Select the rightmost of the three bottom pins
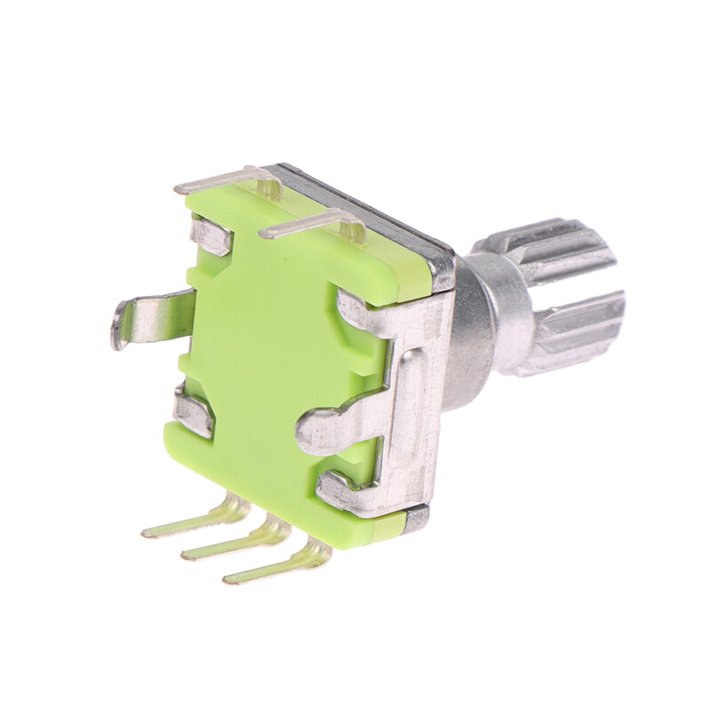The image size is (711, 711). pos(276,566)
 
